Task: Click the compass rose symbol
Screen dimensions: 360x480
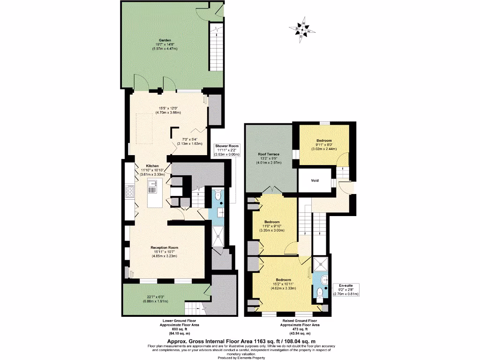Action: pyautogui.click(x=303, y=30)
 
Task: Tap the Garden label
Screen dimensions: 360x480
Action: pyautogui.click(x=165, y=40)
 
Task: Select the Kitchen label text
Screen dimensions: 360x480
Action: pyautogui.click(x=152, y=166)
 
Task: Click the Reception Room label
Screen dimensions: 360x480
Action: pyautogui.click(x=164, y=247)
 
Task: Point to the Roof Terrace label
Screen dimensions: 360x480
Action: pyautogui.click(x=269, y=154)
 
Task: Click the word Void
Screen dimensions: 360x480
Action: pyautogui.click(x=315, y=180)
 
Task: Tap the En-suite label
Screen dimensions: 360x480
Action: pyautogui.click(x=345, y=285)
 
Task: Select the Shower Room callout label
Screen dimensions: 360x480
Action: pyautogui.click(x=227, y=145)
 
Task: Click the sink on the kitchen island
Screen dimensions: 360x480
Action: pyautogui.click(x=153, y=189)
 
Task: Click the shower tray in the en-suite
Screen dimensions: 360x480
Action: pyautogui.click(x=321, y=264)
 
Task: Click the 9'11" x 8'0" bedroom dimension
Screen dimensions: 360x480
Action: pyautogui.click(x=324, y=145)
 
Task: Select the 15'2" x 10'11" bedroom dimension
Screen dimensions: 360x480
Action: pyautogui.click(x=281, y=284)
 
